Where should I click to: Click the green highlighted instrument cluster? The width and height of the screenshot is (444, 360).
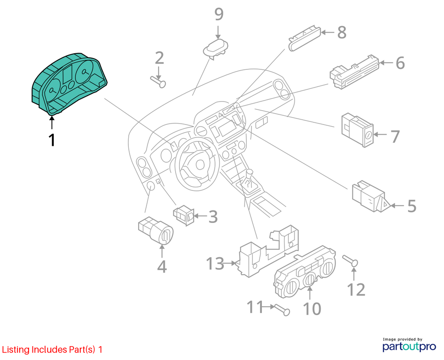tap(69, 84)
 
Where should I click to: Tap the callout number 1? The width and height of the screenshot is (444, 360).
tap(52, 140)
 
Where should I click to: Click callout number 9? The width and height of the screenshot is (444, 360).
tap(219, 14)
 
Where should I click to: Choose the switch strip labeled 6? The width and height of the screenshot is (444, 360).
tap(354, 72)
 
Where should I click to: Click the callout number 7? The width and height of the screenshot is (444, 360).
tap(395, 137)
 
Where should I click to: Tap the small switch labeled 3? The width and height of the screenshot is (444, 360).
tap(184, 216)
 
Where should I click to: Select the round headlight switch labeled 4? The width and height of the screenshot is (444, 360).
tap(156, 231)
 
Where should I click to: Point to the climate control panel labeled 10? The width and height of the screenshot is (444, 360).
tap(304, 272)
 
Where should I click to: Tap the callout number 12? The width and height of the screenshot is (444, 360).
tap(356, 289)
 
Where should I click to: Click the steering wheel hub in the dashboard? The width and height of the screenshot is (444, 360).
tap(200, 165)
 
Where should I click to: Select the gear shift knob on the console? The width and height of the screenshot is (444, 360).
tap(250, 173)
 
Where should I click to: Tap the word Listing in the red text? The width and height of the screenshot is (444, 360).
tap(16, 350)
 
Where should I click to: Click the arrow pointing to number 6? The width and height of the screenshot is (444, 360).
tap(386, 62)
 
